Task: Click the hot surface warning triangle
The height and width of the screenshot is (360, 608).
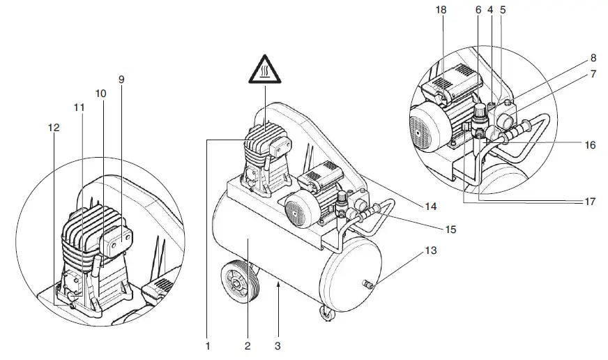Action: pos(265,69)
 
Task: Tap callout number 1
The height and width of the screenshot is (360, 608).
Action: pos(208,345)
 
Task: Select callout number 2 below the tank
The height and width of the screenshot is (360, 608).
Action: pos(248,345)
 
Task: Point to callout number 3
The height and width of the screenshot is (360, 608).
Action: pos(279,345)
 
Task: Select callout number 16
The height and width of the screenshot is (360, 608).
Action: pos(590,147)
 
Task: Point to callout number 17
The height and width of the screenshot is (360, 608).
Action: pos(590,201)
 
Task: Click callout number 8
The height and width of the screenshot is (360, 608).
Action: pos(593,59)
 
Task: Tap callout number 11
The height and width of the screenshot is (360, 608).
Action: pos(78,108)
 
